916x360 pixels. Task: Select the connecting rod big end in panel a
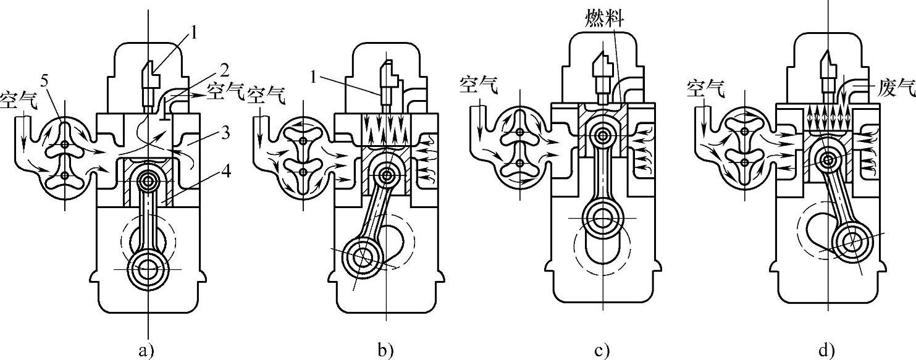coord(148,270)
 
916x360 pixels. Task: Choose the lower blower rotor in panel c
coord(520,164)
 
